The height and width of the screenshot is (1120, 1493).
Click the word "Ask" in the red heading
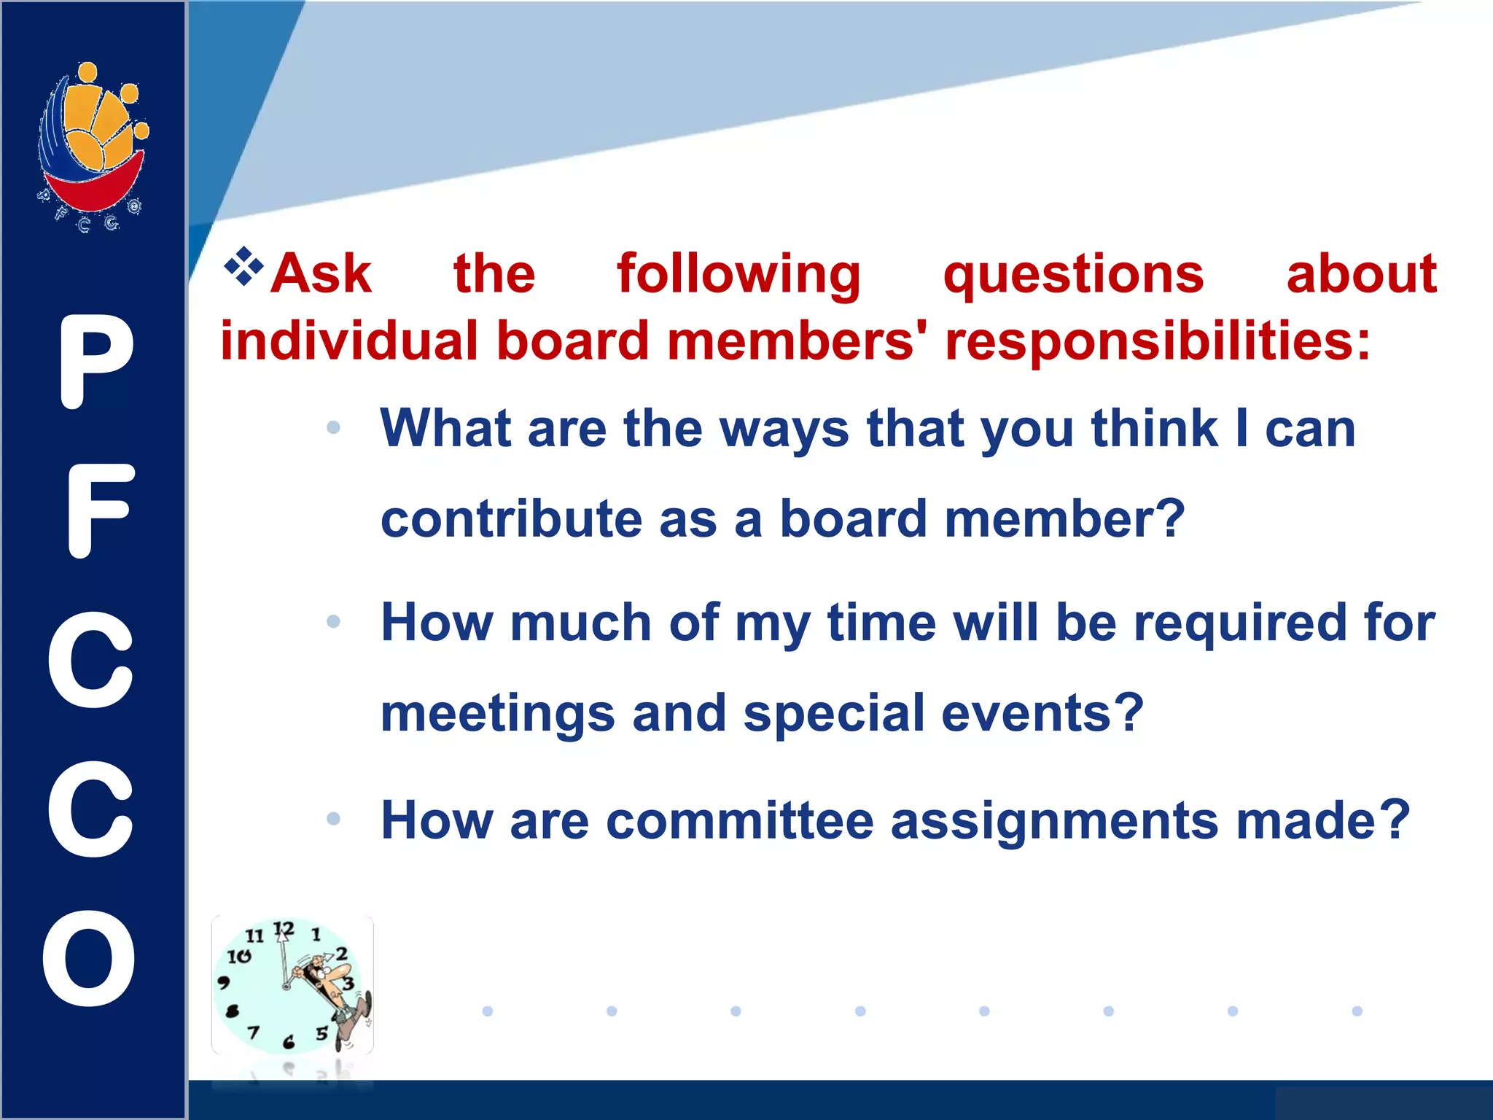tap(321, 274)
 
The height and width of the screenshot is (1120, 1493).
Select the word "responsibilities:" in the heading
tap(1158, 341)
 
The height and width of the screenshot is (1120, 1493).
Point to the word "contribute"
tap(511, 518)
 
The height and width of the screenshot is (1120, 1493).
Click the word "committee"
tap(739, 820)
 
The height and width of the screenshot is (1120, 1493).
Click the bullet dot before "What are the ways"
tap(334, 427)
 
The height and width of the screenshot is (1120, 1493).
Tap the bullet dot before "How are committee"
tap(334, 819)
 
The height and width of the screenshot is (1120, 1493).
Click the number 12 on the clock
tap(283, 930)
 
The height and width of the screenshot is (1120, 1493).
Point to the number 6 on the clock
tap(289, 1042)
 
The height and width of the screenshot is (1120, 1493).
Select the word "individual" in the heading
tap(349, 341)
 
